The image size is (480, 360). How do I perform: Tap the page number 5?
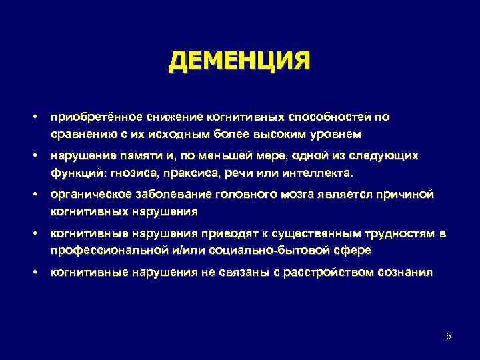pyautogui.click(x=449, y=336)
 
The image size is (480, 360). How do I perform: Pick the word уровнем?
pyautogui.click(x=336, y=134)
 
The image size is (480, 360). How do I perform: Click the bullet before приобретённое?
pyautogui.click(x=33, y=117)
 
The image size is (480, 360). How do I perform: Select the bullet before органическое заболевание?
pyautogui.click(x=33, y=194)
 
